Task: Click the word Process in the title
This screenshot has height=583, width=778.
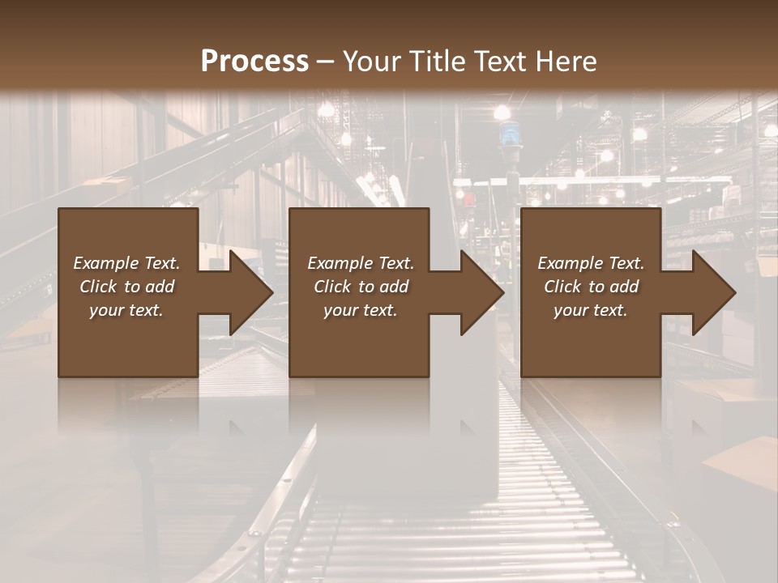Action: (x=254, y=62)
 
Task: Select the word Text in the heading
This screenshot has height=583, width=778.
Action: (x=498, y=62)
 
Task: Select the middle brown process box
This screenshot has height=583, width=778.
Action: (x=359, y=348)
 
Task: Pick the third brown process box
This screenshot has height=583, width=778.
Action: (x=590, y=348)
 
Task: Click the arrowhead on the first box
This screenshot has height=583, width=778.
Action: (x=247, y=292)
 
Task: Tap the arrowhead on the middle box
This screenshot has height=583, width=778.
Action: (x=478, y=292)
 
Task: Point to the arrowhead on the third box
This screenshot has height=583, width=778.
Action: (x=710, y=292)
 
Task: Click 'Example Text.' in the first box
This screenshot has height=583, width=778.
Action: (x=126, y=263)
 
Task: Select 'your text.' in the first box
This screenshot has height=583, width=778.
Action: (x=126, y=310)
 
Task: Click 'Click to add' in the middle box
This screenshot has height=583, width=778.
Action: (x=361, y=287)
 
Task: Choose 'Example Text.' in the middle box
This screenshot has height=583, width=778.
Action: (x=361, y=263)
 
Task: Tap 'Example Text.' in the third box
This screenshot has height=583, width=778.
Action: (x=591, y=263)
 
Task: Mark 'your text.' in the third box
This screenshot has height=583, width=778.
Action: (x=591, y=310)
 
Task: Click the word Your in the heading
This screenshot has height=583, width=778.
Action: (x=371, y=62)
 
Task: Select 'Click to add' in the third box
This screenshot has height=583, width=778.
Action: (x=591, y=287)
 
